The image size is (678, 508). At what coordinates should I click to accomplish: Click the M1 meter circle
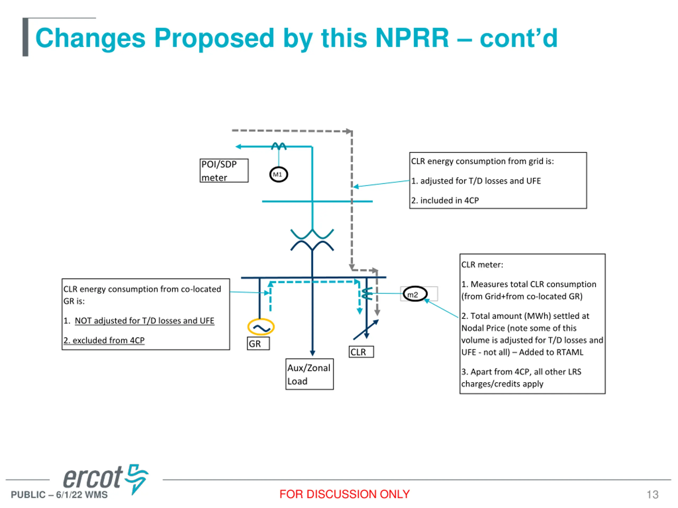click(278, 175)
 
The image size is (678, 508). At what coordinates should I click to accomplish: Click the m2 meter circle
click(415, 294)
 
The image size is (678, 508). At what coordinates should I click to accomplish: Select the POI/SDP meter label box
click(224, 171)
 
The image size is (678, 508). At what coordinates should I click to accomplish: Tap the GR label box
click(258, 344)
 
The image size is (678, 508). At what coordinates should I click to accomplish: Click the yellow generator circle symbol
click(261, 327)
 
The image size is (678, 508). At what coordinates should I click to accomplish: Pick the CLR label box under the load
click(361, 352)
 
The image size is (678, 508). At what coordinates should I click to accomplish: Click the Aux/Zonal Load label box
click(309, 374)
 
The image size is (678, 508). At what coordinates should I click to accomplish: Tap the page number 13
click(652, 495)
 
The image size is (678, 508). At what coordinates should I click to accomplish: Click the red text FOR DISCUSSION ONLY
click(345, 494)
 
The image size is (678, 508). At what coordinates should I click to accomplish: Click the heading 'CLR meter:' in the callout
click(482, 265)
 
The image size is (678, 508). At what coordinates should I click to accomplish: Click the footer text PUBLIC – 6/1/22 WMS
click(59, 495)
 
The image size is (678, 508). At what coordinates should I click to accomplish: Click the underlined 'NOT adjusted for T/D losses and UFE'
click(144, 321)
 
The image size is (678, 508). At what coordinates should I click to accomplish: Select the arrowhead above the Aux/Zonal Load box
click(312, 353)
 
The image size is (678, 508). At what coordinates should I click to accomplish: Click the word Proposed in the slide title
click(214, 38)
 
